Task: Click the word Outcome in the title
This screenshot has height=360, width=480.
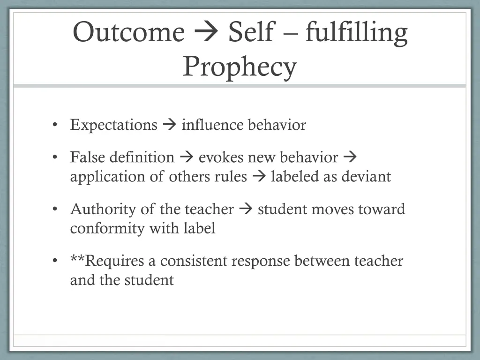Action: tap(129, 33)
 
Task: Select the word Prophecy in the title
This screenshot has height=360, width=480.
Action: tap(240, 67)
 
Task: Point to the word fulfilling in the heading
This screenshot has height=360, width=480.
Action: tap(356, 33)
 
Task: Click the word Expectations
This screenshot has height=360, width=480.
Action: tap(114, 125)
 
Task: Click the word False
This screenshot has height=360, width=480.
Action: tap(88, 157)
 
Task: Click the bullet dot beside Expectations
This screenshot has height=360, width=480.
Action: tap(55, 125)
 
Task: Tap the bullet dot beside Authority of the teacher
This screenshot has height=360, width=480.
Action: tap(55, 209)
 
